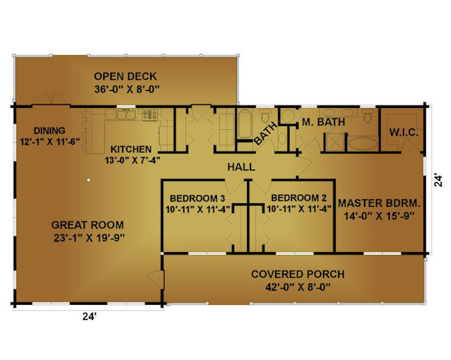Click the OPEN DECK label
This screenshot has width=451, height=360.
tap(126, 76)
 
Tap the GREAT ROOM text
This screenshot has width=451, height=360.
tap(88, 224)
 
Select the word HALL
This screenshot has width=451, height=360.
tap(241, 167)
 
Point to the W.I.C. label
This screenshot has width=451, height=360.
tap(404, 133)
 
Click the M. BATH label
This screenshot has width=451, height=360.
tap(323, 122)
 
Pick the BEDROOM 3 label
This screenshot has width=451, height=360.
tap(198, 198)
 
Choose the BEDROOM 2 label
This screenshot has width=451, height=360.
tap(299, 197)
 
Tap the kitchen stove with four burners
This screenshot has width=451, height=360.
tap(150, 115)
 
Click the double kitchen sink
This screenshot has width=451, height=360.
tap(126, 115)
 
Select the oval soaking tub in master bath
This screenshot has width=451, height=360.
tap(363, 143)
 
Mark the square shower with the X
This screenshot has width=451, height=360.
tap(335, 142)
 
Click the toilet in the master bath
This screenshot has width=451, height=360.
tap(368, 116)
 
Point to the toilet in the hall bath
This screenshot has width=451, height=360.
tap(264, 115)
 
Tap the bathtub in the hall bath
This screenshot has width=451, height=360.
tap(245, 124)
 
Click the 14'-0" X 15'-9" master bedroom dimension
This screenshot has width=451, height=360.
tap(379, 215)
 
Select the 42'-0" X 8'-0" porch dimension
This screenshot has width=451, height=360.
tap(298, 287)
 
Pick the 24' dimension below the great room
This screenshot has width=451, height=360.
tap(89, 316)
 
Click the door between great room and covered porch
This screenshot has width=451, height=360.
tap(157, 278)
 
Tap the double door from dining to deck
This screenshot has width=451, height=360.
tap(51, 98)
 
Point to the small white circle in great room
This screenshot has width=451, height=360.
tap(89, 180)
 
